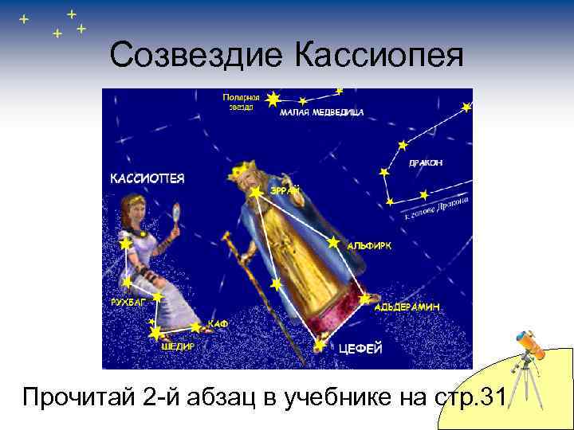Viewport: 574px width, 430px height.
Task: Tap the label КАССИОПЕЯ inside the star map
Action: point(147,179)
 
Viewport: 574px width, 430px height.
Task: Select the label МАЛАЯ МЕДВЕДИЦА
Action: point(321,112)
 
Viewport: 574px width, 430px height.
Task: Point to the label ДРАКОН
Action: point(425,162)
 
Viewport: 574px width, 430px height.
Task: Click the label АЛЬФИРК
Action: point(369,247)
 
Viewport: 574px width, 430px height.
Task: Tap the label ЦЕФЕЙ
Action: point(360,348)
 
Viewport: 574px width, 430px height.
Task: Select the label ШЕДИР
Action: point(177,346)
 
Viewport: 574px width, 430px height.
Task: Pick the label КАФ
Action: point(218,323)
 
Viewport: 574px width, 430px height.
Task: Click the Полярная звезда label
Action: point(238,101)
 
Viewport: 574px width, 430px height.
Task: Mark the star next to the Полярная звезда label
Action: point(273,100)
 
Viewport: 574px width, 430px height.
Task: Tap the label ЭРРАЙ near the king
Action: point(285,190)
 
